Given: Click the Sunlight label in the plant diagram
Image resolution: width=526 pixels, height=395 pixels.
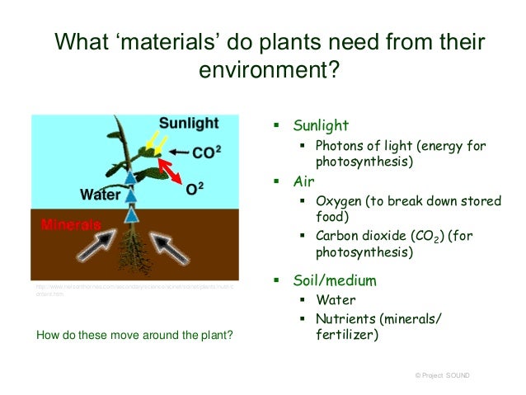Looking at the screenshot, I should (189, 124).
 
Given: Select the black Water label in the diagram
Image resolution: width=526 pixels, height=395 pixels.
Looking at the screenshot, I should (100, 195).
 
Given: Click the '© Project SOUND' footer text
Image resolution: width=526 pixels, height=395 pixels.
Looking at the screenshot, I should (444, 375).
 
